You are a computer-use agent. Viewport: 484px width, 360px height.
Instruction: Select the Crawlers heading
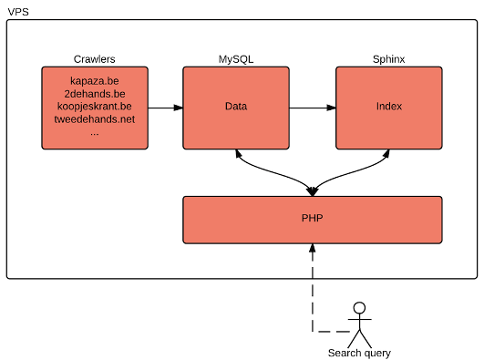pyautogui.click(x=95, y=59)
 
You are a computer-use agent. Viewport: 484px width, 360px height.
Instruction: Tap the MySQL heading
pyautogui.click(x=235, y=59)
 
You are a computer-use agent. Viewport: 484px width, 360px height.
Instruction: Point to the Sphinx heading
pyautogui.click(x=389, y=59)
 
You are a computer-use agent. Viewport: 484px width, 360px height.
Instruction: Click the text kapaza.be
pyautogui.click(x=95, y=81)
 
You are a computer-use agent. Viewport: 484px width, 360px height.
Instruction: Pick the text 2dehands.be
pyautogui.click(x=95, y=94)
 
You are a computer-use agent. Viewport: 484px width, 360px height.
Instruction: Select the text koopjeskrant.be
pyautogui.click(x=95, y=107)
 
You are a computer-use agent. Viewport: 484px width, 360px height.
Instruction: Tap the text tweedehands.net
pyautogui.click(x=95, y=119)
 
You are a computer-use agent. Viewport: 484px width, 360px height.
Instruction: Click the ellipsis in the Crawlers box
pyautogui.click(x=95, y=132)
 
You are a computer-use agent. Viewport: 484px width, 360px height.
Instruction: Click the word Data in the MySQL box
pyautogui.click(x=236, y=108)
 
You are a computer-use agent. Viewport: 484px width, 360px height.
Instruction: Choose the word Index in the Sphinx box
pyautogui.click(x=389, y=108)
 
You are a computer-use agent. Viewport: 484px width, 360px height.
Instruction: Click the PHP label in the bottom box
pyautogui.click(x=313, y=220)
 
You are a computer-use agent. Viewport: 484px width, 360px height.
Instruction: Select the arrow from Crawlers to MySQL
pyautogui.click(x=165, y=108)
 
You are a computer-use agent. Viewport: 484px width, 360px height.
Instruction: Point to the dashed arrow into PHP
pyautogui.click(x=313, y=283)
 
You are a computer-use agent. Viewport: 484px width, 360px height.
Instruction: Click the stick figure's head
pyautogui.click(x=360, y=307)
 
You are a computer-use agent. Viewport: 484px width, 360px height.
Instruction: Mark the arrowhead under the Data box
pyautogui.click(x=237, y=154)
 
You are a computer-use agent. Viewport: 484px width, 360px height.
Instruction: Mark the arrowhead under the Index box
pyautogui.click(x=389, y=154)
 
